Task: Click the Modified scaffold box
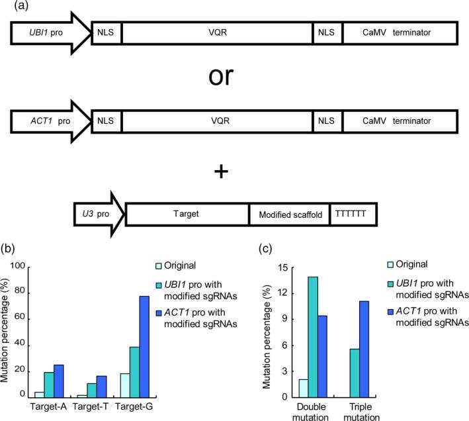point(288,214)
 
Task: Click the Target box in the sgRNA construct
point(187,214)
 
